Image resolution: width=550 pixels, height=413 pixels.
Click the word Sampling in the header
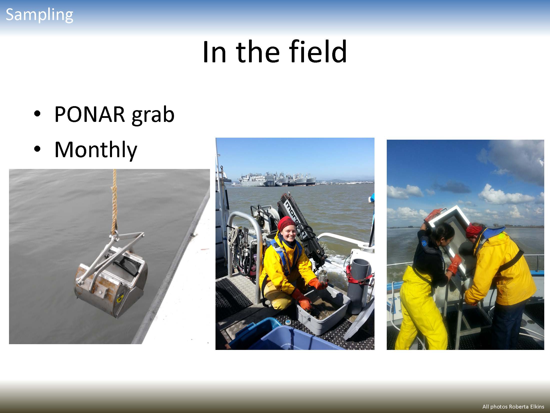pos(39,15)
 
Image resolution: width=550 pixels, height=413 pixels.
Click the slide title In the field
pos(275,52)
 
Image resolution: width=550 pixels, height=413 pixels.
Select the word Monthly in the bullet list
pos(96,150)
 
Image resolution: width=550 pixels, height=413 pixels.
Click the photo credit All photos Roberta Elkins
pos(513,407)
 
